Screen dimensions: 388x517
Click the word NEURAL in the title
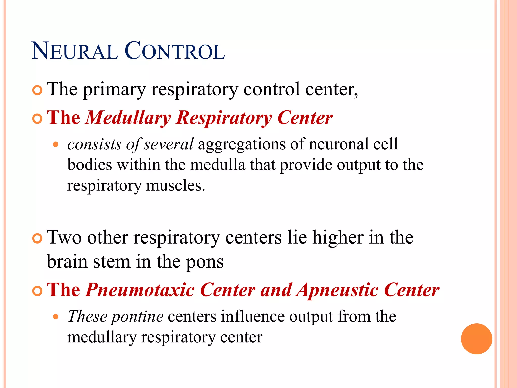75,51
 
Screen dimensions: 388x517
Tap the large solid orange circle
476,339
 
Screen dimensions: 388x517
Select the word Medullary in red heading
128,118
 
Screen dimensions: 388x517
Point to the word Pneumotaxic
140,290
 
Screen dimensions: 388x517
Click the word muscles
175,186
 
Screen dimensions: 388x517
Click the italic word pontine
138,317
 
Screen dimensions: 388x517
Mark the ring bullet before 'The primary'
37,90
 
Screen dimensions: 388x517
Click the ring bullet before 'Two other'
37,238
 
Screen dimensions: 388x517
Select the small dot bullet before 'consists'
56,145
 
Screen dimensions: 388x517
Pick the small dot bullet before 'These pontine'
56,317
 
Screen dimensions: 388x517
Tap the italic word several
168,144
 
